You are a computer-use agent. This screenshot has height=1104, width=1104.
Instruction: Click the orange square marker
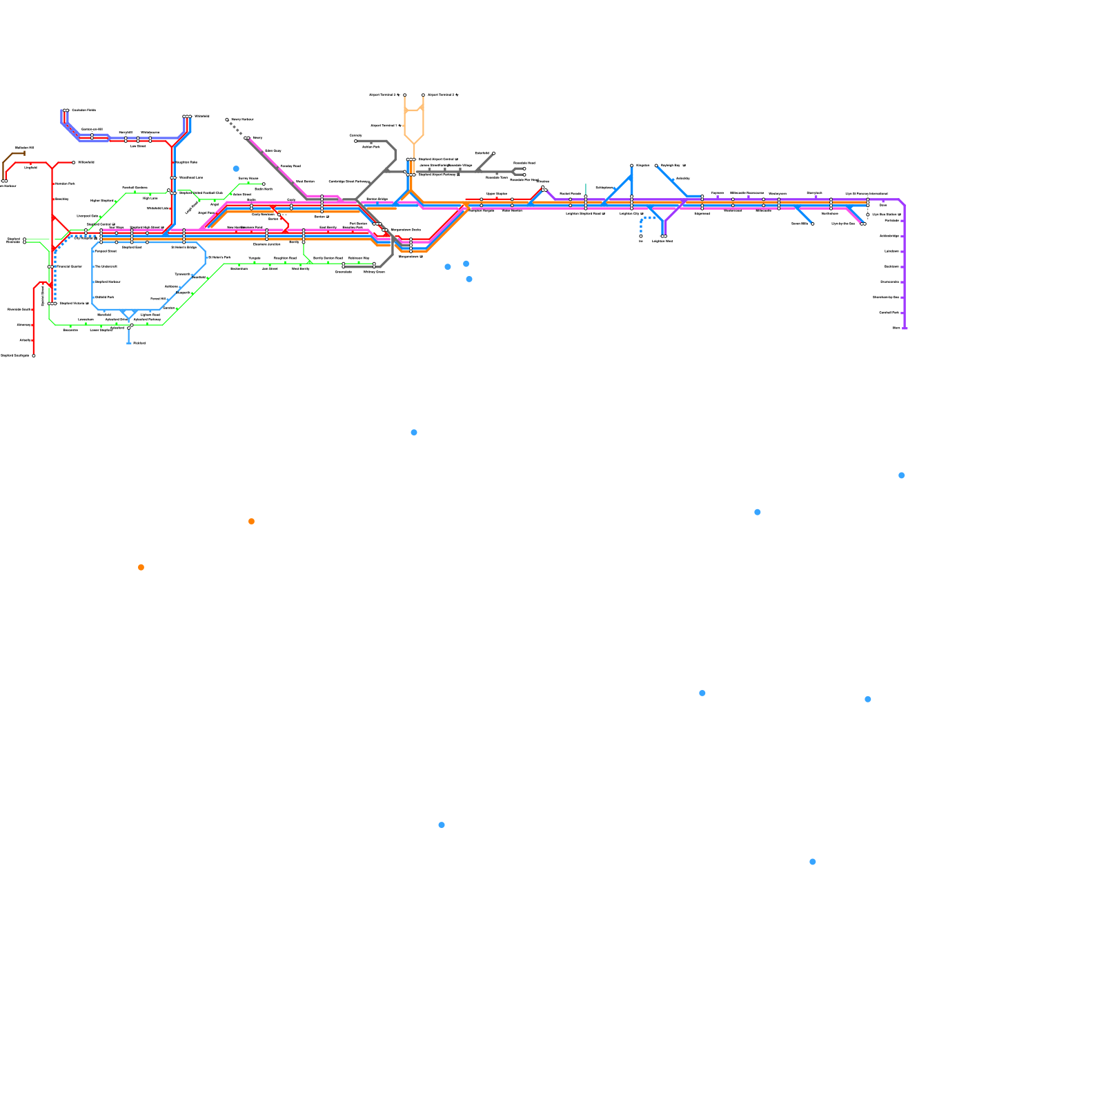click(x=251, y=521)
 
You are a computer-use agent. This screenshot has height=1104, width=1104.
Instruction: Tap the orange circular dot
click(x=141, y=567)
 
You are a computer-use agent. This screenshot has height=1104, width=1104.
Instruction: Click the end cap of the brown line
click(x=25, y=153)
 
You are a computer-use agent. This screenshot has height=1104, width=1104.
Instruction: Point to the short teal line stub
click(x=586, y=188)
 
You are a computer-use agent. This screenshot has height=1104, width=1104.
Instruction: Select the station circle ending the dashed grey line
click(x=227, y=119)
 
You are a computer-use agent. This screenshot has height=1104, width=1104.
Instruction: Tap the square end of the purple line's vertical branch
click(x=905, y=328)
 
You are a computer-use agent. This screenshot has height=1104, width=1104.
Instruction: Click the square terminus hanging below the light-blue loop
click(x=129, y=343)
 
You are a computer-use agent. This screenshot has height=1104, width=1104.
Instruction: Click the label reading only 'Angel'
click(x=215, y=204)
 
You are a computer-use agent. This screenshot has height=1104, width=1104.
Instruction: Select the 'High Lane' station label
click(x=150, y=198)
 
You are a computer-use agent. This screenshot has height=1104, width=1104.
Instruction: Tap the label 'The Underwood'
click(x=106, y=266)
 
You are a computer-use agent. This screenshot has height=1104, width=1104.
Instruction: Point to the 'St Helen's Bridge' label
click(x=184, y=247)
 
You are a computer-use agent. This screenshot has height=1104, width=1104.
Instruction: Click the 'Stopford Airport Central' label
click(x=437, y=159)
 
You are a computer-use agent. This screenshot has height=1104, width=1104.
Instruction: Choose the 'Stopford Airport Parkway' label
click(x=439, y=175)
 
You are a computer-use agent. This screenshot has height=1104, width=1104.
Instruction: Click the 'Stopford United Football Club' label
click(x=201, y=193)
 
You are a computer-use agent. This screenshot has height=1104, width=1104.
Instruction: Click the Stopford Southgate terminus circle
click(x=34, y=355)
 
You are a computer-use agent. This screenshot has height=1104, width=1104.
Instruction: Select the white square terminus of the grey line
click(x=356, y=141)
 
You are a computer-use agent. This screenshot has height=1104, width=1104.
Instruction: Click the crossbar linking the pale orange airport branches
click(x=413, y=110)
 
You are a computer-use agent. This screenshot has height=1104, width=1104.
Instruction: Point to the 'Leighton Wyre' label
click(x=662, y=241)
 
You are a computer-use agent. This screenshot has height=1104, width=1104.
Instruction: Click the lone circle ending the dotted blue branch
click(x=641, y=236)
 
